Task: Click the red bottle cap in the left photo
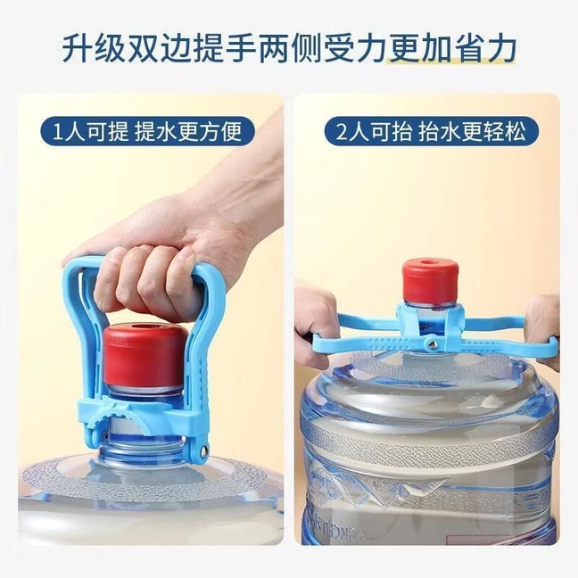point(146,351)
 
